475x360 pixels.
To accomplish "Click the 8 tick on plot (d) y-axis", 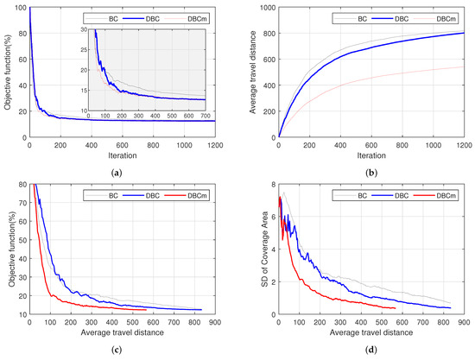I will (x=269, y=185).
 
